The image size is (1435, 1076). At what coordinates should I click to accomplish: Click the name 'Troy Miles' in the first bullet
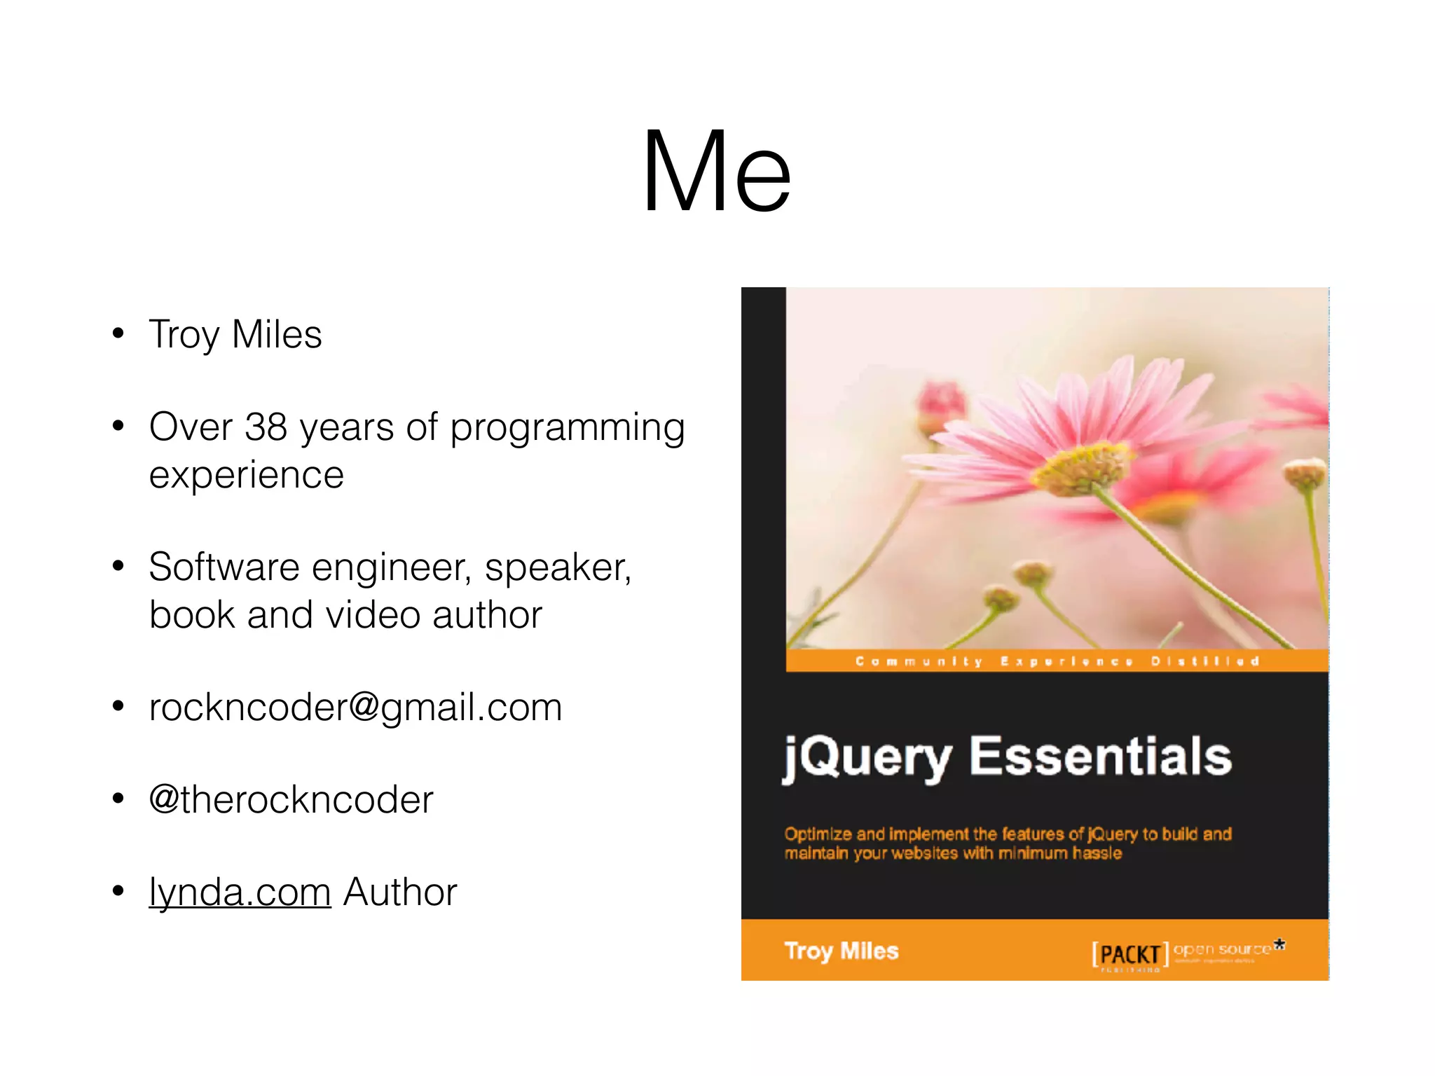pyautogui.click(x=235, y=334)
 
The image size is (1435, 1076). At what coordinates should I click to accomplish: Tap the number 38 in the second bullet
pyautogui.click(x=266, y=427)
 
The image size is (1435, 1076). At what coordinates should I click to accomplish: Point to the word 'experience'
pyautogui.click(x=247, y=476)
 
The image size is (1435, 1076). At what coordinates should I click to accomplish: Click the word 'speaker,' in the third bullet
pyautogui.click(x=558, y=567)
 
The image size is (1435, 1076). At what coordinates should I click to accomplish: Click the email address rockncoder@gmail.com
pyautogui.click(x=355, y=708)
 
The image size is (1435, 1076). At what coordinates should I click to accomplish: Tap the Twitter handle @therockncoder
pyautogui.click(x=291, y=800)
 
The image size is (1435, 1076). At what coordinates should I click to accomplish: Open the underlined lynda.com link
pyautogui.click(x=240, y=892)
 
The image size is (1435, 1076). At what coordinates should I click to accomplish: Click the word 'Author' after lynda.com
pyautogui.click(x=400, y=892)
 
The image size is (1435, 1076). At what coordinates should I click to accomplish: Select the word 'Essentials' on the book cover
pyautogui.click(x=1100, y=757)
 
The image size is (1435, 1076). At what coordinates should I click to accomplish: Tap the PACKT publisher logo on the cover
pyautogui.click(x=1130, y=954)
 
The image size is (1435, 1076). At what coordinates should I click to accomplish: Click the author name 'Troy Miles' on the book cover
pyautogui.click(x=841, y=951)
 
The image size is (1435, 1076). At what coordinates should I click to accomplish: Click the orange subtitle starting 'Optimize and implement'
pyautogui.click(x=1007, y=843)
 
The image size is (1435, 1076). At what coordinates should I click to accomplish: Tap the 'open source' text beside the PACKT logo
pyautogui.click(x=1222, y=949)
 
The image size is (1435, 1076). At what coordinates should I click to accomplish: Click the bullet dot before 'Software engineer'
pyautogui.click(x=118, y=565)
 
